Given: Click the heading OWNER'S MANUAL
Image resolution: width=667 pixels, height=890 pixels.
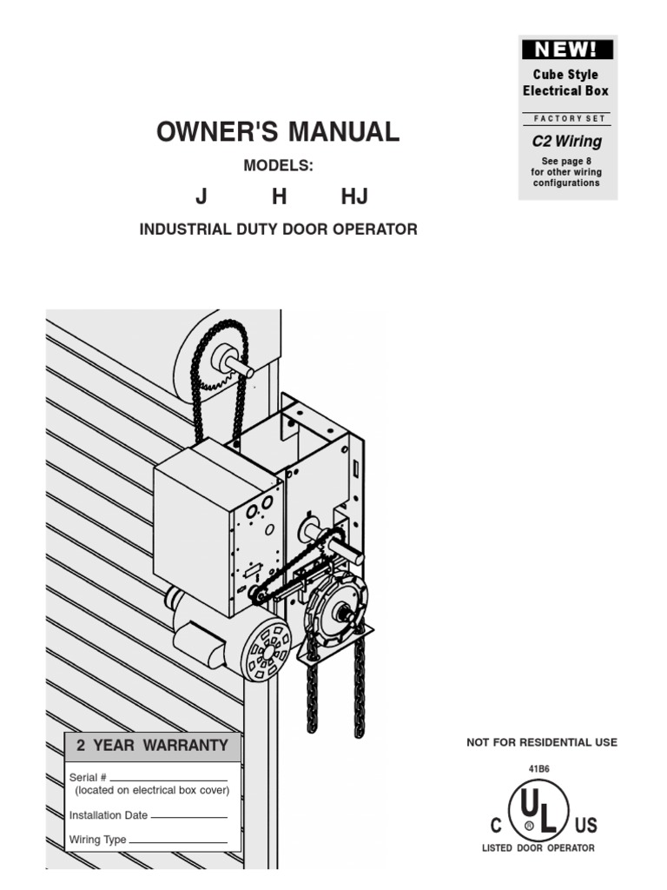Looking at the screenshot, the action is tap(278, 132).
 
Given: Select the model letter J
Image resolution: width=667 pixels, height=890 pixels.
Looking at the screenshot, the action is tap(201, 196).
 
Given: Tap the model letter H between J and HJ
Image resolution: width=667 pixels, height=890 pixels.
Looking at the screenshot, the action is tap(279, 196).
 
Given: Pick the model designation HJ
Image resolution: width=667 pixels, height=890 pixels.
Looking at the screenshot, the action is tap(354, 196).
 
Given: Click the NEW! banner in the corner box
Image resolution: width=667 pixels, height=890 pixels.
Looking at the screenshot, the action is tap(567, 50).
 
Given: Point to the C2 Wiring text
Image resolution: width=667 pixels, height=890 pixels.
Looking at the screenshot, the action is tap(567, 141).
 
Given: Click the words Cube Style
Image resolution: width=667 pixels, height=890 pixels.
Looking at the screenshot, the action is tap(565, 75).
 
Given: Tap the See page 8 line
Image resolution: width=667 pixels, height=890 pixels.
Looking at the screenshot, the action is tap(566, 161).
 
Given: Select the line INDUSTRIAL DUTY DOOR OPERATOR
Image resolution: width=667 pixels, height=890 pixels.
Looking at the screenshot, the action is tap(279, 229).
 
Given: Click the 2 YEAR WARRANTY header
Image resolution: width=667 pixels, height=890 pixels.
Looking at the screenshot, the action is tap(153, 746).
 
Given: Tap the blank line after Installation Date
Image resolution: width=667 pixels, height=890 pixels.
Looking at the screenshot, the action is tap(188, 817).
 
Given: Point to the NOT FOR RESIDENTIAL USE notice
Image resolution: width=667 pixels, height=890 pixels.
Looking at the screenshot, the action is tap(542, 742).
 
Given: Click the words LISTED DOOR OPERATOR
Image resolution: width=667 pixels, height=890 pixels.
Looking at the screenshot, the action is tap(538, 848).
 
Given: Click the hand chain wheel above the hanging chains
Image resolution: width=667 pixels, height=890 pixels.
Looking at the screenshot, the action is tap(336, 612).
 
